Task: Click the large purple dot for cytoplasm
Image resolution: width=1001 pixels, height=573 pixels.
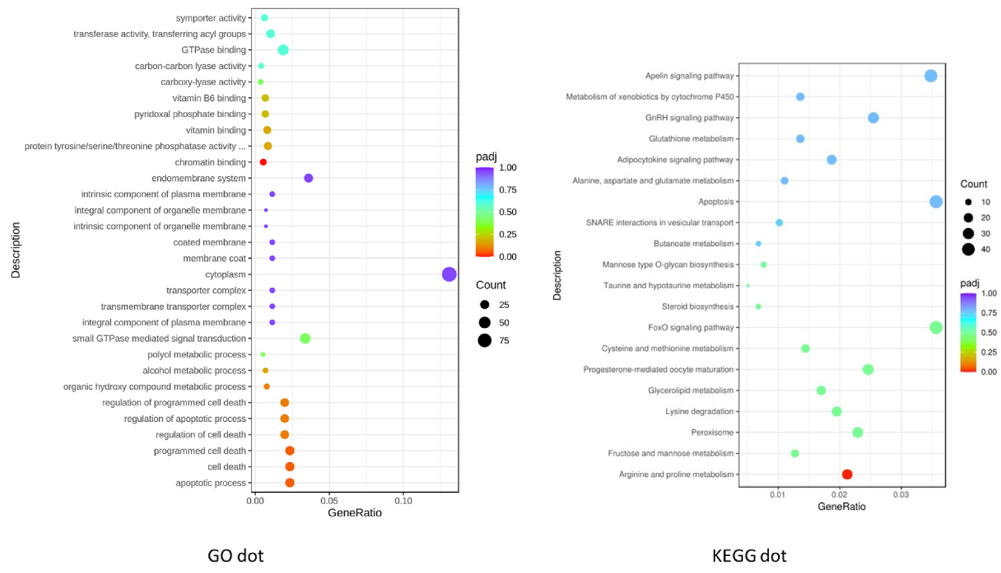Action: (449, 274)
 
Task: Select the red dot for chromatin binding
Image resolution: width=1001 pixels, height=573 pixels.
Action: (263, 162)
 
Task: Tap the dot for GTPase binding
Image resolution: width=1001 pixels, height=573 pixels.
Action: (283, 50)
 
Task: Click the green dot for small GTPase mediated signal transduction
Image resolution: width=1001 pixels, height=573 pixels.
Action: (305, 338)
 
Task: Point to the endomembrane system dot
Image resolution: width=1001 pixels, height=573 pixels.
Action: (309, 178)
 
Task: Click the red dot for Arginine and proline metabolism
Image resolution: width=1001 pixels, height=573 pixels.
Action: (847, 474)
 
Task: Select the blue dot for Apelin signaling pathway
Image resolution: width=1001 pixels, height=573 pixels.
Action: (931, 75)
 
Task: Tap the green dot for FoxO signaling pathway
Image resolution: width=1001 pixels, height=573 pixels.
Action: (936, 327)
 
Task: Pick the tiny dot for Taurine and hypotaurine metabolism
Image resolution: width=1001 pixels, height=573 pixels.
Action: (748, 286)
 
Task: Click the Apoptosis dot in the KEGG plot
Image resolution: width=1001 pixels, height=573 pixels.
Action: (936, 202)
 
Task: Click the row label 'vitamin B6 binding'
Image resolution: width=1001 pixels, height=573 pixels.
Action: (209, 98)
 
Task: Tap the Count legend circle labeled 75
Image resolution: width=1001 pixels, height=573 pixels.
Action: (485, 340)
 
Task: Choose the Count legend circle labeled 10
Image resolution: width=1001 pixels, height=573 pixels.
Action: (968, 202)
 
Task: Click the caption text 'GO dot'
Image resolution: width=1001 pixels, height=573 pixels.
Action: (235, 556)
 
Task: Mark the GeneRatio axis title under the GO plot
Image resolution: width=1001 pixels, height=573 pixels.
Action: (354, 513)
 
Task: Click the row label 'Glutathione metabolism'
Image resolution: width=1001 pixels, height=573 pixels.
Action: (691, 139)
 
